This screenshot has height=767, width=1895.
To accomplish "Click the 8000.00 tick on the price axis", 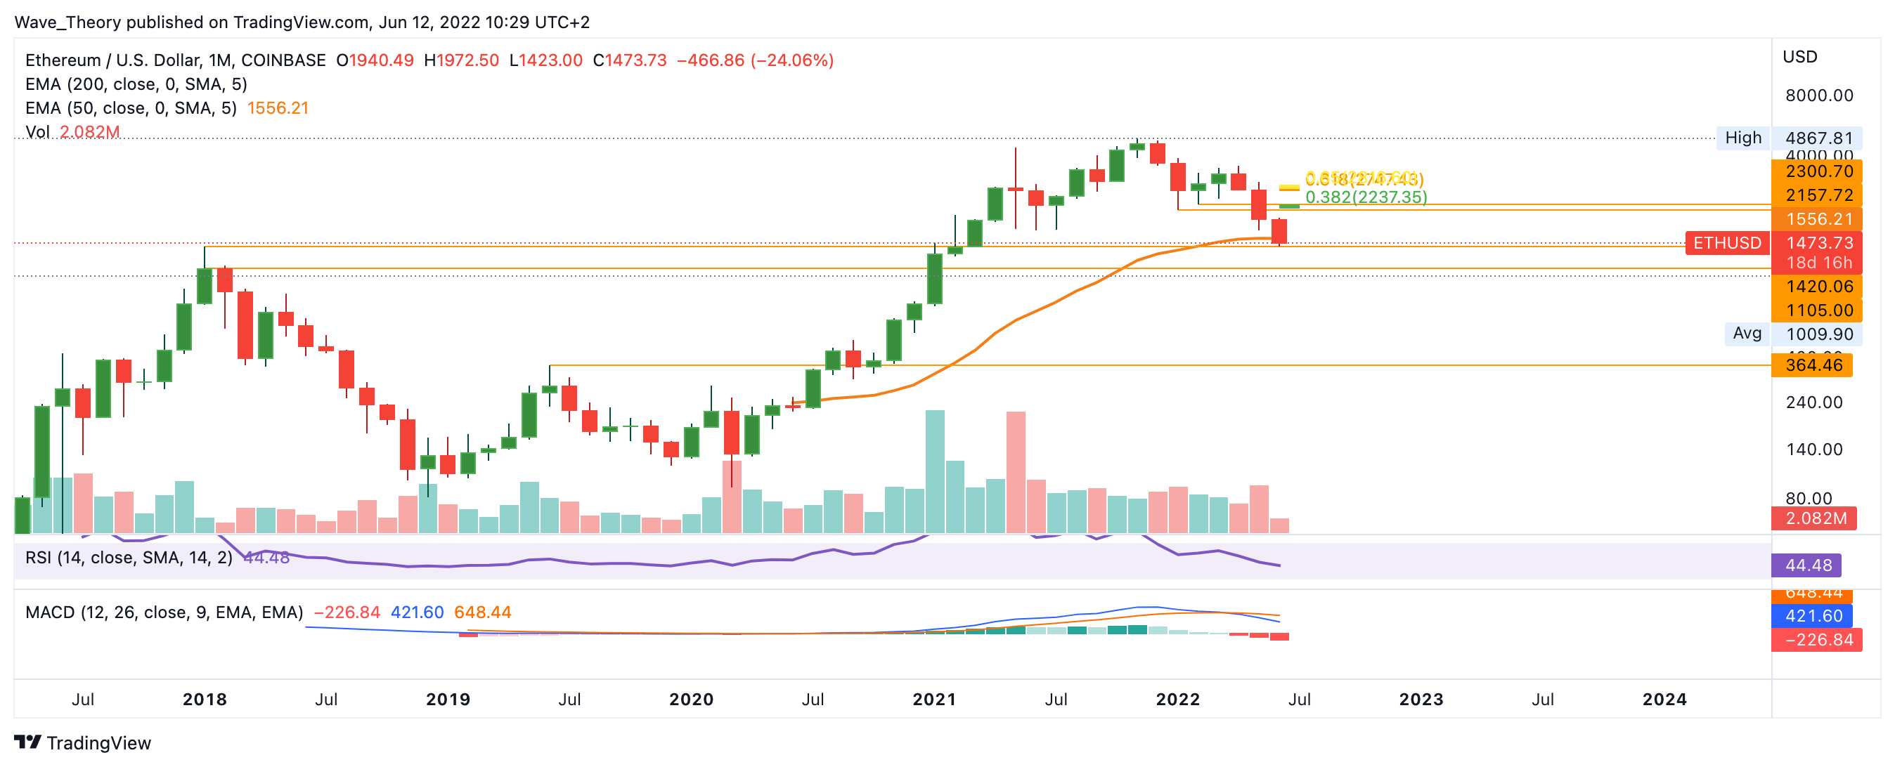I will (1818, 96).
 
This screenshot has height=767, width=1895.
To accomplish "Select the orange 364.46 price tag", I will (1813, 365).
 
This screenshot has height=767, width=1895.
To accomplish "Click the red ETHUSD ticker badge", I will (1726, 243).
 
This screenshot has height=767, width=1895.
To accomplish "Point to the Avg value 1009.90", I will (1819, 334).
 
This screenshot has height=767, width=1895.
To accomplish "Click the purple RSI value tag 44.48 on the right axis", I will (1807, 565).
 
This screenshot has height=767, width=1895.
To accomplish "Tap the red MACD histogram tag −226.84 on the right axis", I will (1816, 640).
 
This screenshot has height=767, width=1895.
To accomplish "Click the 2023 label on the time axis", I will (1421, 700).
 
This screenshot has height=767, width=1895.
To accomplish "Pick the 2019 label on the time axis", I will (448, 700).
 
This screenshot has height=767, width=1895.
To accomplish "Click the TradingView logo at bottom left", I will (82, 742).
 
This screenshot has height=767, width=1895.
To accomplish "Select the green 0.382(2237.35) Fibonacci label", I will (1365, 197).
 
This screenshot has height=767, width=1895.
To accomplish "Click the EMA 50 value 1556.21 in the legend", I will (278, 108).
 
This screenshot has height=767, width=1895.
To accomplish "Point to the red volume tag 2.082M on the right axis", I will (1815, 518).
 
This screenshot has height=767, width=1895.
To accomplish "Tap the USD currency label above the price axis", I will (1799, 57).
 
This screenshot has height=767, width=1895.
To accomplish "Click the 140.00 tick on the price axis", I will (1814, 450).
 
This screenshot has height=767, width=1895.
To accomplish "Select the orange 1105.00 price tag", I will (1819, 310).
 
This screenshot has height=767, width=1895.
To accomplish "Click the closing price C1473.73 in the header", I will (630, 60).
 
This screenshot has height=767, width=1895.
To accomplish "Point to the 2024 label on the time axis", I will (1664, 700).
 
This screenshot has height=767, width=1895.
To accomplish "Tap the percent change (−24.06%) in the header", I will (791, 60).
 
